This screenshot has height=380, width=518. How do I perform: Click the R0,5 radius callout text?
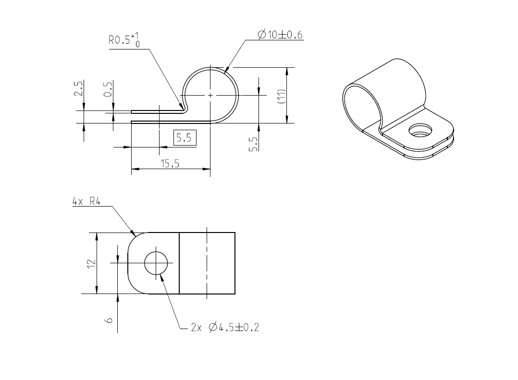click(124, 40)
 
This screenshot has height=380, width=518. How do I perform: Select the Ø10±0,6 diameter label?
click(280, 34)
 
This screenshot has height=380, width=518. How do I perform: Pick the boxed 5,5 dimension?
click(184, 138)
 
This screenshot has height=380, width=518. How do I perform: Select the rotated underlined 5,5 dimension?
click(253, 144)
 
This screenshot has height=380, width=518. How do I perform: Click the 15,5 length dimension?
click(170, 164)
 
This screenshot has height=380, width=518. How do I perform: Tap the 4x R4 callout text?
click(86, 202)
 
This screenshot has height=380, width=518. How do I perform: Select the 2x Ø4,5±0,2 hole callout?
click(225, 328)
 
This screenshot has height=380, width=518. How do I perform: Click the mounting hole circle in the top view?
click(156, 263)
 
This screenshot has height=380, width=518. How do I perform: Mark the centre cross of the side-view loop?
click(210, 96)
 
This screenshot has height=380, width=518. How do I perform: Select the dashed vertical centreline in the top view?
click(207, 263)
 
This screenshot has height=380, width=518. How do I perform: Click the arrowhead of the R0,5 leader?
click(183, 107)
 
